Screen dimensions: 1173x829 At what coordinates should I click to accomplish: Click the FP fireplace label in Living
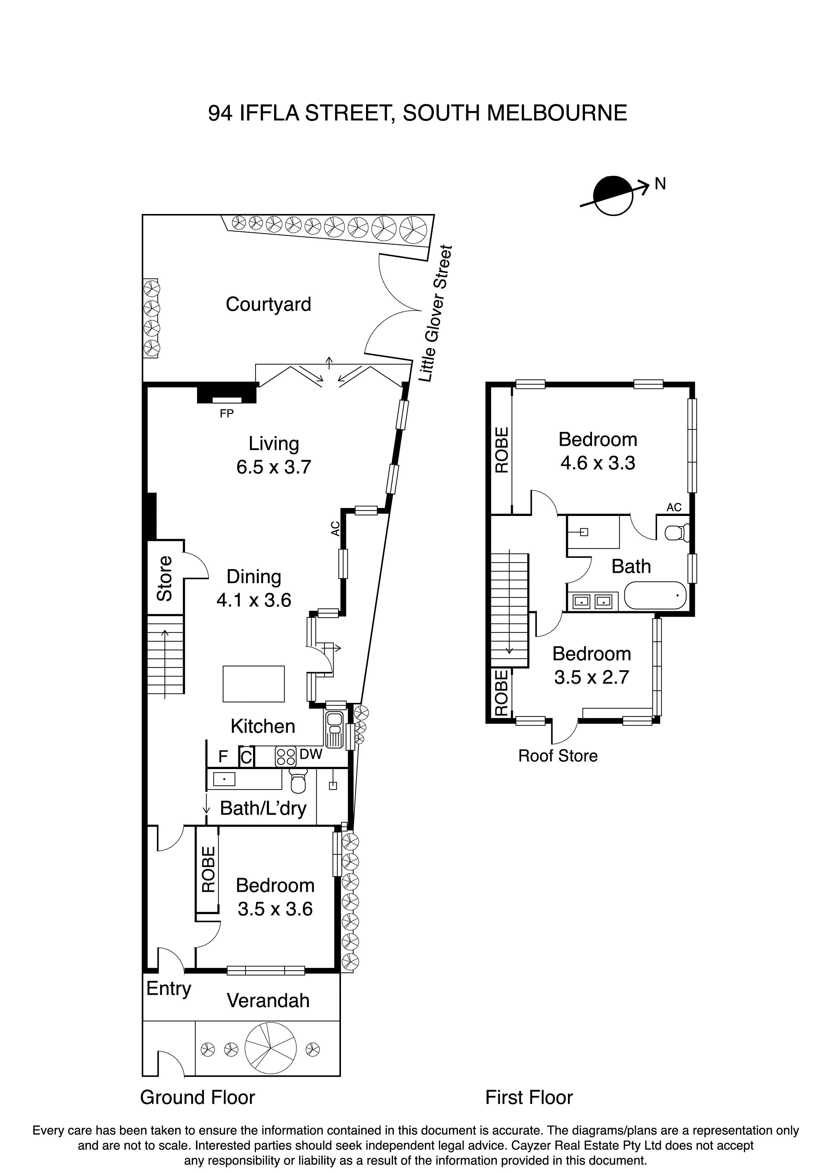click(x=226, y=414)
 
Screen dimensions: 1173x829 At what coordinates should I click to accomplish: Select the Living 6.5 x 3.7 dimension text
click(x=274, y=467)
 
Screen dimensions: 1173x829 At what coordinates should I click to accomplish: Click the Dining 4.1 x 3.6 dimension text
click(x=254, y=600)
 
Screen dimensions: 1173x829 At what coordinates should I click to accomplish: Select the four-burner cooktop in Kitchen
click(x=285, y=757)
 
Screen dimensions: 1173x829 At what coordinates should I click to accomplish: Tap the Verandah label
click(x=268, y=1000)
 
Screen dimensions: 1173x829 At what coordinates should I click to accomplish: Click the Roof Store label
click(x=558, y=756)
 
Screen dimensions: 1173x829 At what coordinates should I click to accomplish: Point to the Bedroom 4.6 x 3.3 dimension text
click(x=598, y=463)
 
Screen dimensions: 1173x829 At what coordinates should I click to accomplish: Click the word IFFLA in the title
click(x=269, y=113)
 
